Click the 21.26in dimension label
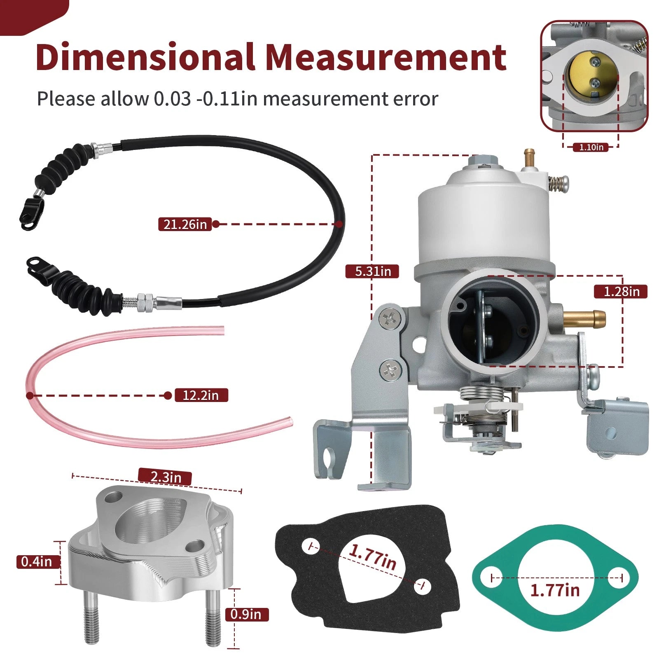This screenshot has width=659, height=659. coord(185,224)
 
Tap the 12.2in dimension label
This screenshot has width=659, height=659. coord(201,395)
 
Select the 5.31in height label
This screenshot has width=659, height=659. coord(372,271)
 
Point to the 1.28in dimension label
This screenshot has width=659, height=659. coord(621,292)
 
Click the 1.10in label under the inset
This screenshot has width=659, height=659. coord(591,147)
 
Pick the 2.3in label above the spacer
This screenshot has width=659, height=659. coord(166,477)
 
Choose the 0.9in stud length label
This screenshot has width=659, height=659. coord(247,614)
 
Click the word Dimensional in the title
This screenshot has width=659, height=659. coord(145,57)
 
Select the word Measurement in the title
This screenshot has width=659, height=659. coord(386,57)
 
